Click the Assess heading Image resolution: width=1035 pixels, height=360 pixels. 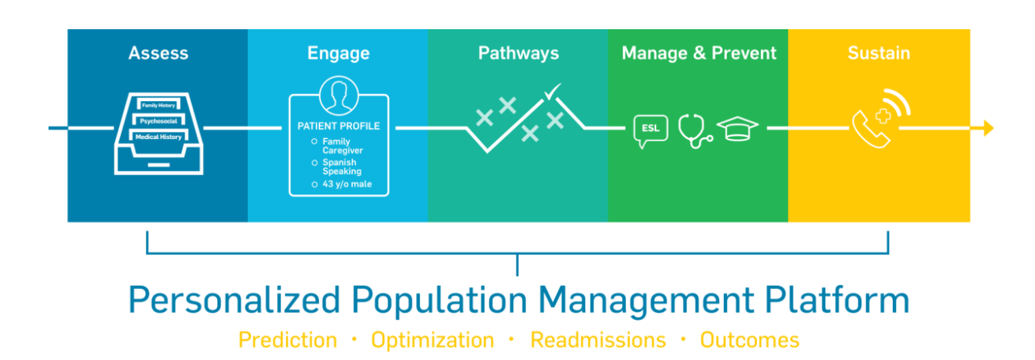click(159, 53)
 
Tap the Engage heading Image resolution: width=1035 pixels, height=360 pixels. click(339, 54)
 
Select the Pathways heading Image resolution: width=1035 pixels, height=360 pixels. click(519, 54)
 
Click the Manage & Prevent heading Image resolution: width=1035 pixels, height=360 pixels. click(699, 54)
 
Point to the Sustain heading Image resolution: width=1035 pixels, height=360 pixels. click(879, 53)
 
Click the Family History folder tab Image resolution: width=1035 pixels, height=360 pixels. click(159, 105)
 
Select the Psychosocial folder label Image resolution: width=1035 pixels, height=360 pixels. click(159, 121)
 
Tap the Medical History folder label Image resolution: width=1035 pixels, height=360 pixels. click(159, 137)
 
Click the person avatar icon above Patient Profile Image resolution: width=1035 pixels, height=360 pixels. click(339, 96)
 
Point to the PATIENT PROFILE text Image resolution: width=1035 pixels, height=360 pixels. click(339, 126)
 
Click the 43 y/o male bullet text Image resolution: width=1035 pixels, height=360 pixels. click(347, 185)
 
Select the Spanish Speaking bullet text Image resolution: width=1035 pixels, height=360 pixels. click(342, 167)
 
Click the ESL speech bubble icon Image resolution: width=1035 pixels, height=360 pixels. click(651, 131)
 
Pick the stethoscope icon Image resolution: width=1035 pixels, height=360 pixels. click(695, 131)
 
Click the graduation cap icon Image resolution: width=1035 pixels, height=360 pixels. click(737, 129)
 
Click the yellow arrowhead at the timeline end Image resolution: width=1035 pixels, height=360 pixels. click(988, 128)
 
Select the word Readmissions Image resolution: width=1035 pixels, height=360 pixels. click(598, 340)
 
